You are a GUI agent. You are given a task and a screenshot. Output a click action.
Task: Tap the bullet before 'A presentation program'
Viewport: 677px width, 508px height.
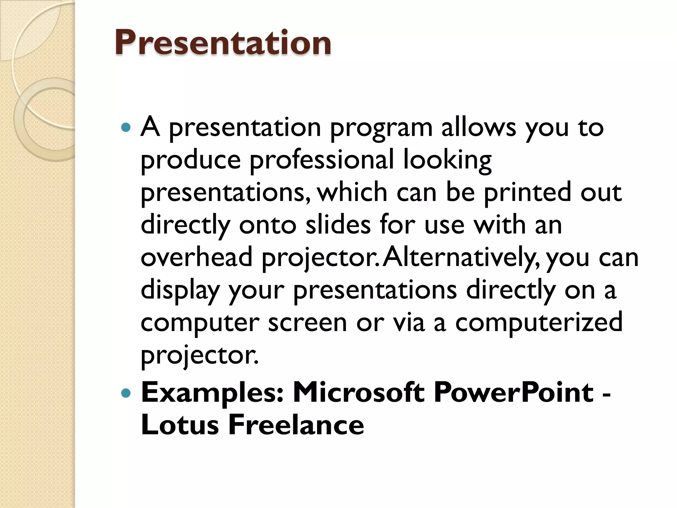click(x=126, y=127)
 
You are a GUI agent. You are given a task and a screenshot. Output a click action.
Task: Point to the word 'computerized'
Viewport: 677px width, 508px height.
click(x=539, y=322)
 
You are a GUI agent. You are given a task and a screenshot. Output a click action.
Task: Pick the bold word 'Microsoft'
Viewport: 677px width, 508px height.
click(x=359, y=392)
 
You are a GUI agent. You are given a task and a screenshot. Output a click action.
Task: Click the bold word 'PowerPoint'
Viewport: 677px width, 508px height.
click(x=513, y=392)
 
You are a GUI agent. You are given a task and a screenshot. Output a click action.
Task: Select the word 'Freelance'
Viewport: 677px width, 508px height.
click(x=296, y=425)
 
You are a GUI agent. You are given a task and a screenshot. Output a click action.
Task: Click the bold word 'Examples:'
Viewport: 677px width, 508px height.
click(x=212, y=393)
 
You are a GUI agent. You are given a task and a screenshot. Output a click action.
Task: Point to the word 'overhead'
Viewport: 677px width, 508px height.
click(x=197, y=257)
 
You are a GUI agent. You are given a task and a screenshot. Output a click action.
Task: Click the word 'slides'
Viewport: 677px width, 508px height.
click(x=338, y=225)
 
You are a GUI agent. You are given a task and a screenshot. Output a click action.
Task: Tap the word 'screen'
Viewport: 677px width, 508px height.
click(x=307, y=322)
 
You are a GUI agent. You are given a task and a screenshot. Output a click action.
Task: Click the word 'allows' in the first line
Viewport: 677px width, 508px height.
click(x=478, y=127)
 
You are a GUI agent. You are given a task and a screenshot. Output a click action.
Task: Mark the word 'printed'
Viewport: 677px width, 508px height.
click(x=528, y=192)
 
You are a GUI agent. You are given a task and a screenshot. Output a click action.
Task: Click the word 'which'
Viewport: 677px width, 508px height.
click(x=352, y=192)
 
